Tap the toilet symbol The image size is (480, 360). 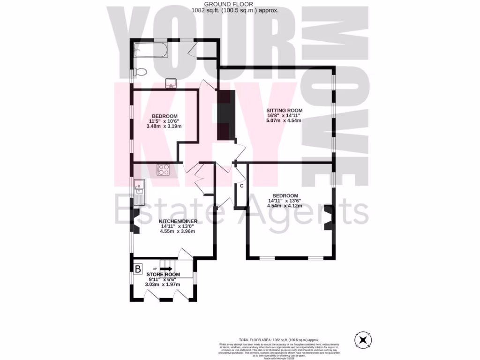click(139, 72)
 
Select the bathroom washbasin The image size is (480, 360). click(170, 83)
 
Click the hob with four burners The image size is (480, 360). click(163, 169)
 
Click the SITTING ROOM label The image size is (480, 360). click(283, 111)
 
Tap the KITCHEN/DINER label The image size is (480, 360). click(177, 221)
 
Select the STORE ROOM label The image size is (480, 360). click(163, 274)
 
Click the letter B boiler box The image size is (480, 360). click(138, 269)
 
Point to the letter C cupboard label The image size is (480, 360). click(241, 186)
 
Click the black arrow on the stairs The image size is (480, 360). click(166, 269)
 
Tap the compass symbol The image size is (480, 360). click(363, 339)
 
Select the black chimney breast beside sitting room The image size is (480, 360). click(226, 112)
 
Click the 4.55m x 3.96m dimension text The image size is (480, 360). click(177, 231)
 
